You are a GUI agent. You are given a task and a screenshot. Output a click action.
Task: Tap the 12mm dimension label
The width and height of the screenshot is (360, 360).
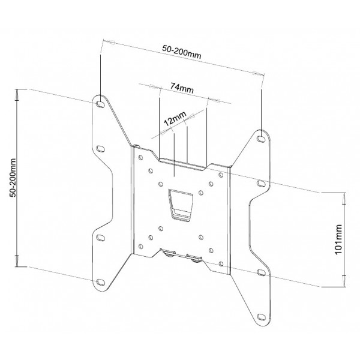pyautogui.click(x=175, y=118)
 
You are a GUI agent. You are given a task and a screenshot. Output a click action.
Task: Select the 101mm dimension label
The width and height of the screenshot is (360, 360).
pyautogui.click(x=338, y=239)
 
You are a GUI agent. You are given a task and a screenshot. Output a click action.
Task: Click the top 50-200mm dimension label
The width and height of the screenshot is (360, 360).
pyautogui.click(x=182, y=52)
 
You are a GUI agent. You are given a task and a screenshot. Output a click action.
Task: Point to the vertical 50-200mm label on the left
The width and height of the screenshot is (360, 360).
pyautogui.click(x=13, y=178)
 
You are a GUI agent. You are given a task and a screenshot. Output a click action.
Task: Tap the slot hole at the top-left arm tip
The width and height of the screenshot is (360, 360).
pyautogui.click(x=100, y=104)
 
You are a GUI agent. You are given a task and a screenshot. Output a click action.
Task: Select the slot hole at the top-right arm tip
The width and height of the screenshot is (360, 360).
pyautogui.click(x=261, y=139)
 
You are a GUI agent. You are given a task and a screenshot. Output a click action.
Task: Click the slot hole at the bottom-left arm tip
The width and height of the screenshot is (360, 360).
pyautogui.click(x=100, y=282)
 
